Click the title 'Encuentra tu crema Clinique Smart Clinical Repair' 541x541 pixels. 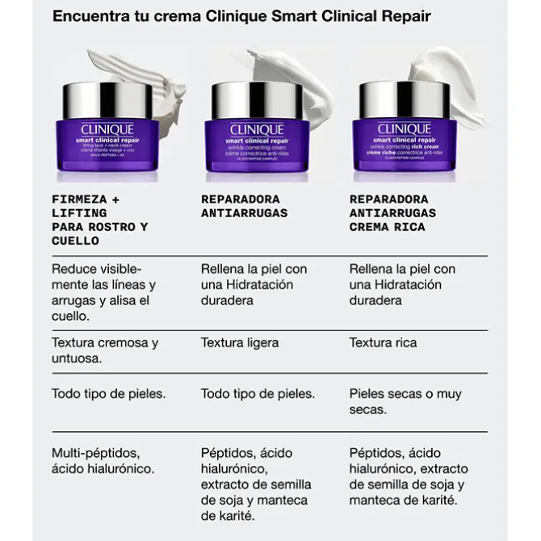coord(241,16)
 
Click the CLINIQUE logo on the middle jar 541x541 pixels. coord(257,129)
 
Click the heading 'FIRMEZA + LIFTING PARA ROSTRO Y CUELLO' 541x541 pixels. coord(99,220)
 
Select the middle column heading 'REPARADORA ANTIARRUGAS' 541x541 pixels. coord(244,206)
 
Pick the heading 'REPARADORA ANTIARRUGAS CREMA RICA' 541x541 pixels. coord(392,213)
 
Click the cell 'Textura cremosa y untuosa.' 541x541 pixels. coord(104,350)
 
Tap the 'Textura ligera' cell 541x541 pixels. coord(240,342)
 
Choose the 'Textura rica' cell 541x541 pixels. coord(383,342)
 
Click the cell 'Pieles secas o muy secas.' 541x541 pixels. coord(405,401)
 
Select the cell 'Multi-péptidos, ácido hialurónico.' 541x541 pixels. coord(103,460)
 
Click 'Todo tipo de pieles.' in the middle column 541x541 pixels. coord(258,394)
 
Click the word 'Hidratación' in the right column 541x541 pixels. coord(407,284)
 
